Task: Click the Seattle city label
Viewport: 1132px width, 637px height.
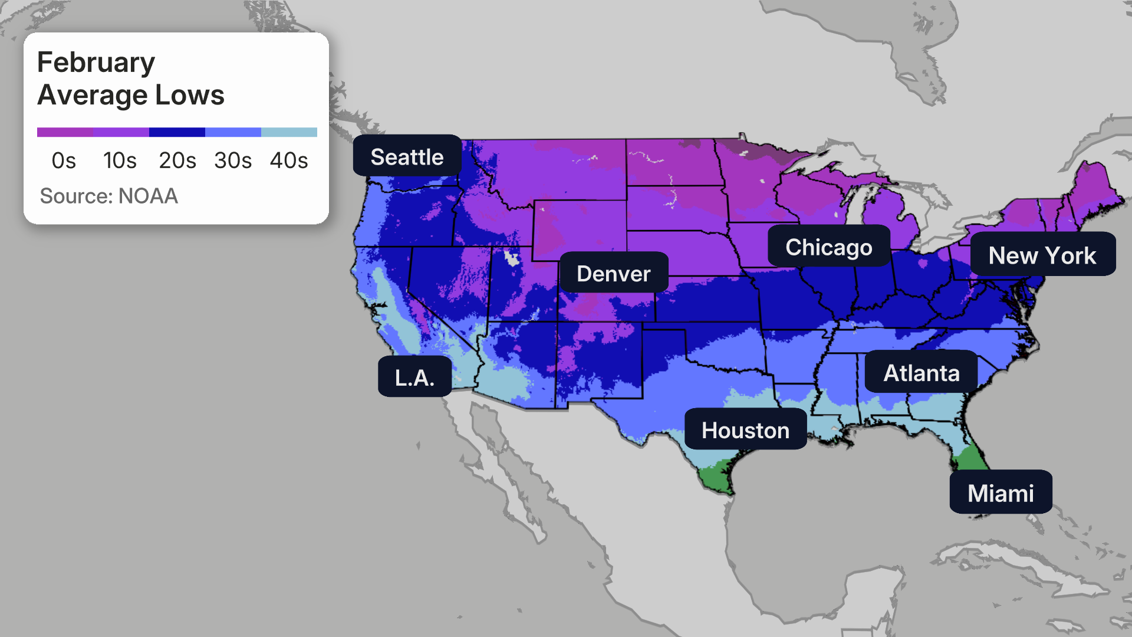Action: (407, 156)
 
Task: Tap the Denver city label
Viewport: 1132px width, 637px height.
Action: (613, 273)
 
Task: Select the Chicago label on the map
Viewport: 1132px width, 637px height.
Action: (828, 247)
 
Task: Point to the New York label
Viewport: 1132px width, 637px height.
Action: (1042, 255)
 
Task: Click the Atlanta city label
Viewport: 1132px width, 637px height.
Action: (921, 372)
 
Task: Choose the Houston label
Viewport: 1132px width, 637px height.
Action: (745, 429)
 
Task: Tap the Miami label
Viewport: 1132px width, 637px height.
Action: (1001, 492)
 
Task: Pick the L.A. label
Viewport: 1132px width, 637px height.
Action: (414, 377)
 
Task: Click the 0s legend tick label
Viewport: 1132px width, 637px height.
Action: (64, 160)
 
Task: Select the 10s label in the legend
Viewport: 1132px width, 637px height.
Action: (120, 160)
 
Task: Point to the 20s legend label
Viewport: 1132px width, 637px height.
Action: (177, 160)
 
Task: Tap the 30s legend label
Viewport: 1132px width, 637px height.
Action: (233, 160)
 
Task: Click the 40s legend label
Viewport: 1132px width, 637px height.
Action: (289, 160)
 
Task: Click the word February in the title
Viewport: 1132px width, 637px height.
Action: (96, 63)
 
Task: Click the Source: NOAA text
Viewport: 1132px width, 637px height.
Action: (108, 196)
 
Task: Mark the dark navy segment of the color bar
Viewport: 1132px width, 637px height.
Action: (177, 132)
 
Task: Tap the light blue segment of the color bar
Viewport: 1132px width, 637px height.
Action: (289, 132)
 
